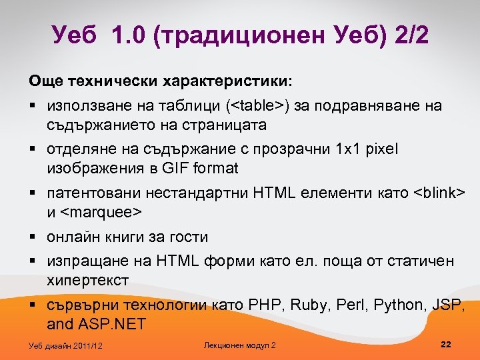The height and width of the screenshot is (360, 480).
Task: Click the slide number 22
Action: tap(447, 344)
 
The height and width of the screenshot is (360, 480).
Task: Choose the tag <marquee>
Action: tap(103, 212)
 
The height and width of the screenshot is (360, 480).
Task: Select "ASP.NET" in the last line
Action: tap(109, 325)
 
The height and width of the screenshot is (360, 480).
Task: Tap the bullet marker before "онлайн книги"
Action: tap(33, 237)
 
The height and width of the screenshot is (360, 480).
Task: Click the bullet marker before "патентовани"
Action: tap(33, 193)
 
